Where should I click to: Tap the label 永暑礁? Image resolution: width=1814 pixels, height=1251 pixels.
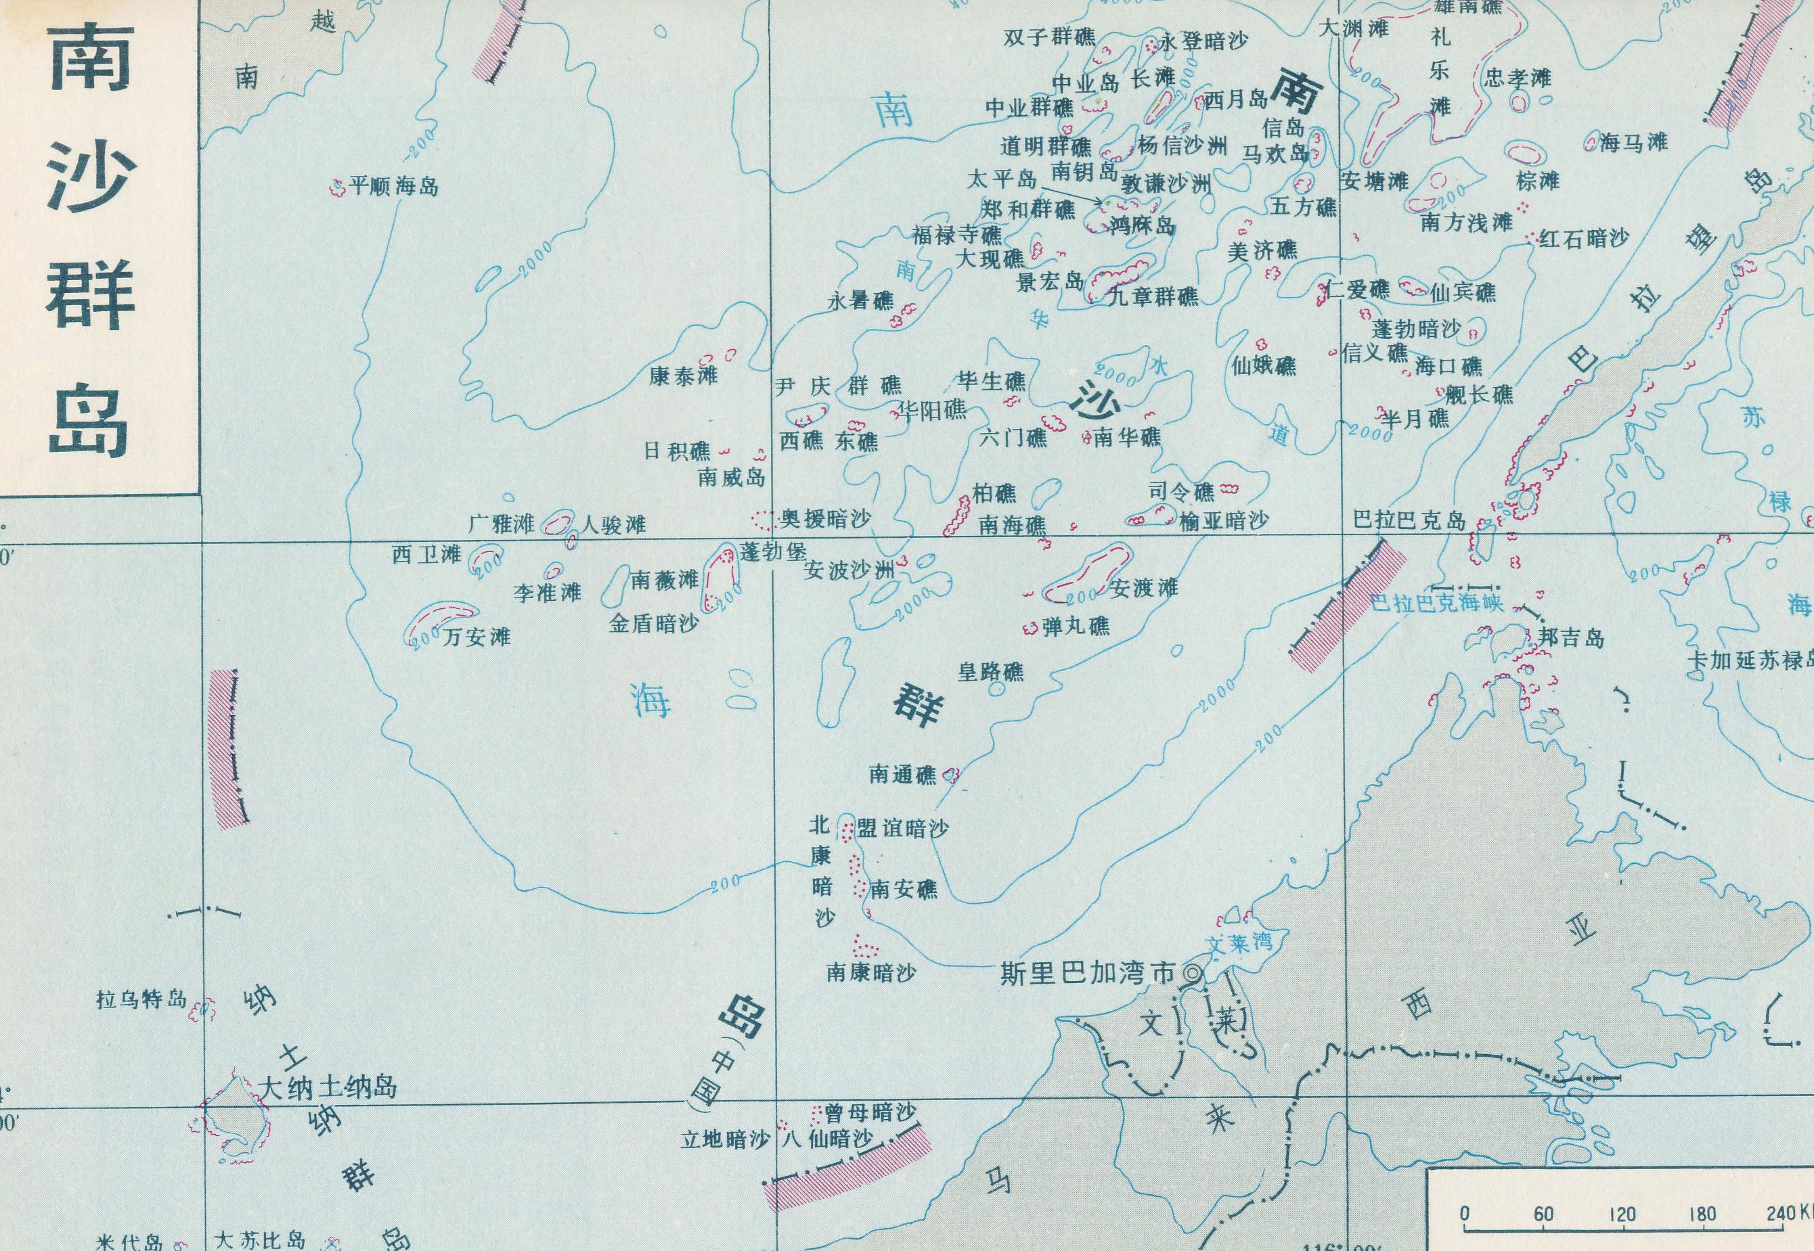861,300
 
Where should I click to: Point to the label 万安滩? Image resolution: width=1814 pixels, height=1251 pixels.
477,637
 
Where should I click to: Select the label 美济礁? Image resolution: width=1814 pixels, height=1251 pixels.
1262,251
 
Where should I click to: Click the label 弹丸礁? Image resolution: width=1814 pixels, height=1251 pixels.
1076,627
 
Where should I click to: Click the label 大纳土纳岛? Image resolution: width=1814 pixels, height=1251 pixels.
328,1088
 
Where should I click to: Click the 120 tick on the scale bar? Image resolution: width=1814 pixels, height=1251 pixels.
1620,1216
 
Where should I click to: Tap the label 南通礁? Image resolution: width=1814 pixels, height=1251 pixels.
902,775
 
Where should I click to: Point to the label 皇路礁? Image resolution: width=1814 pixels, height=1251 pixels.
991,671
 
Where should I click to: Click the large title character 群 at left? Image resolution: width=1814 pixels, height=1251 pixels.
89,300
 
